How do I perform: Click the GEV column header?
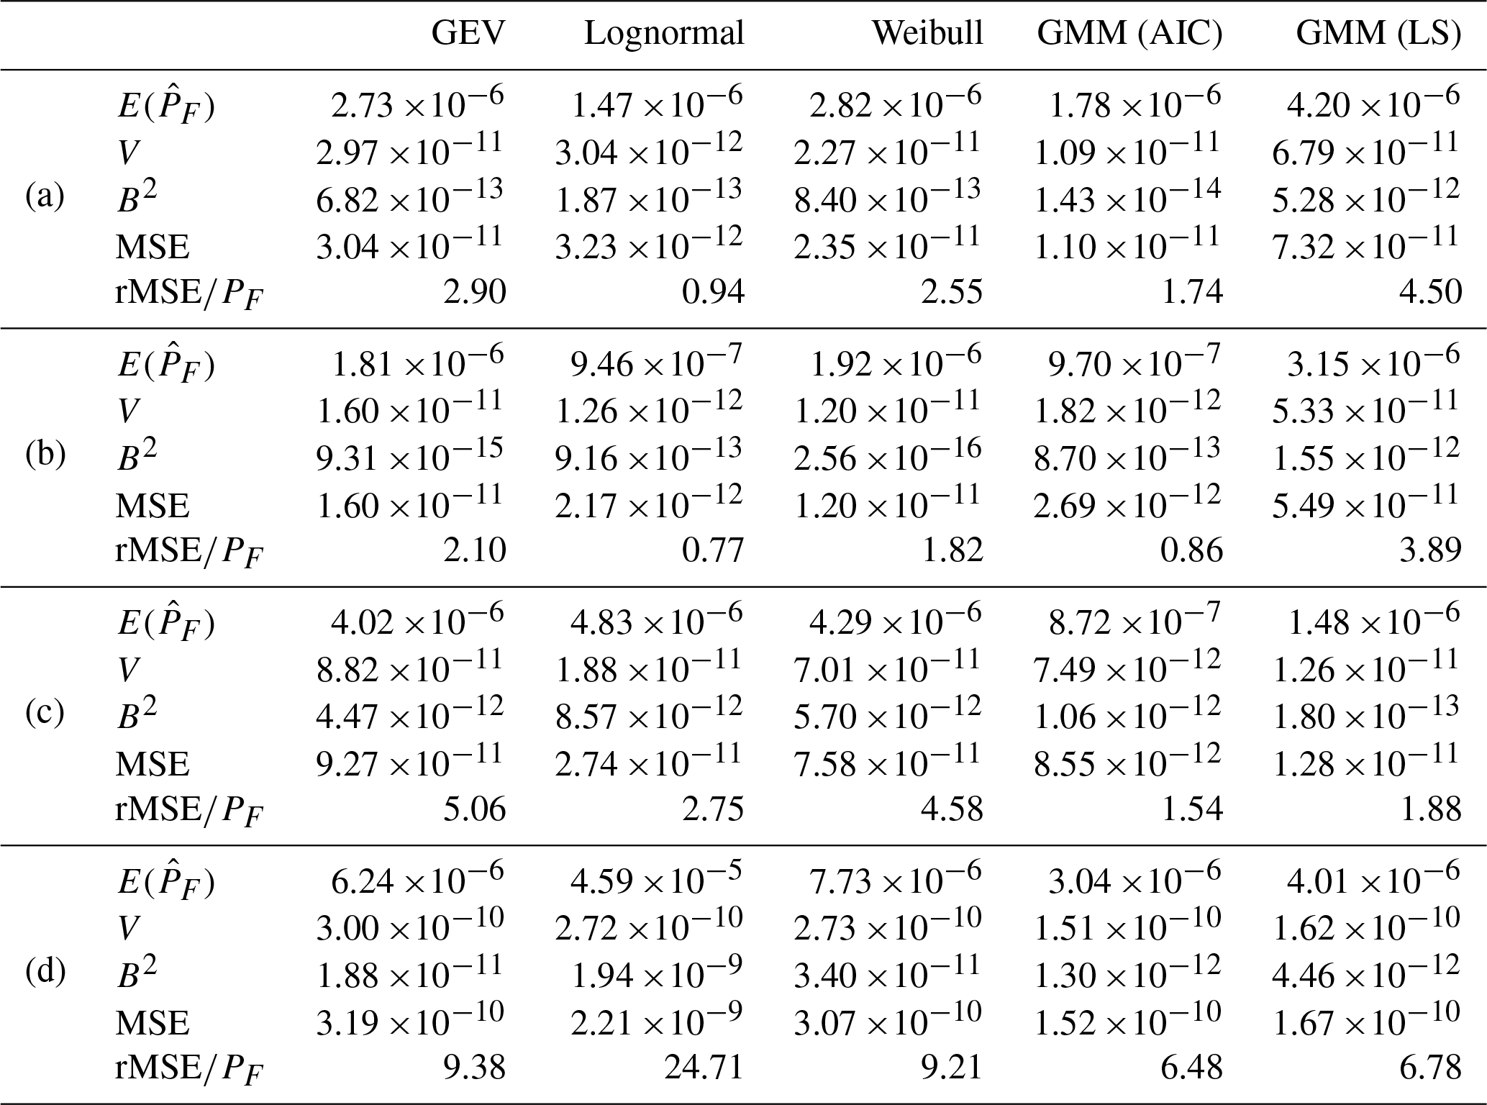tap(468, 34)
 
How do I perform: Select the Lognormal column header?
tap(663, 34)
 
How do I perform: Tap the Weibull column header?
tap(927, 34)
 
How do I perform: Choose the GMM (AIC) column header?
tap(1129, 34)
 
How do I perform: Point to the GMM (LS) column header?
tap(1378, 34)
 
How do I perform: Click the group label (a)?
tap(45, 196)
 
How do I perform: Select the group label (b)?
tap(45, 455)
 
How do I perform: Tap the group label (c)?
tap(45, 713)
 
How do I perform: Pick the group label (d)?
tap(45, 972)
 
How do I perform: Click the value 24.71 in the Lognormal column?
tap(704, 1067)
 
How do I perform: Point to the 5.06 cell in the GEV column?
tap(475, 809)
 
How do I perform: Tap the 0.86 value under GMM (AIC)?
tap(1192, 550)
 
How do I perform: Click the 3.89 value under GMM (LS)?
tap(1431, 550)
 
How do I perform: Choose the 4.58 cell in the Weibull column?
tap(952, 809)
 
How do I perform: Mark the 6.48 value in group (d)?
tap(1192, 1067)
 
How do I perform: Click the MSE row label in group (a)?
tap(153, 247)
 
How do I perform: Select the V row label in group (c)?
tap(127, 670)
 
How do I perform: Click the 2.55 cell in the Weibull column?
tap(952, 292)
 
